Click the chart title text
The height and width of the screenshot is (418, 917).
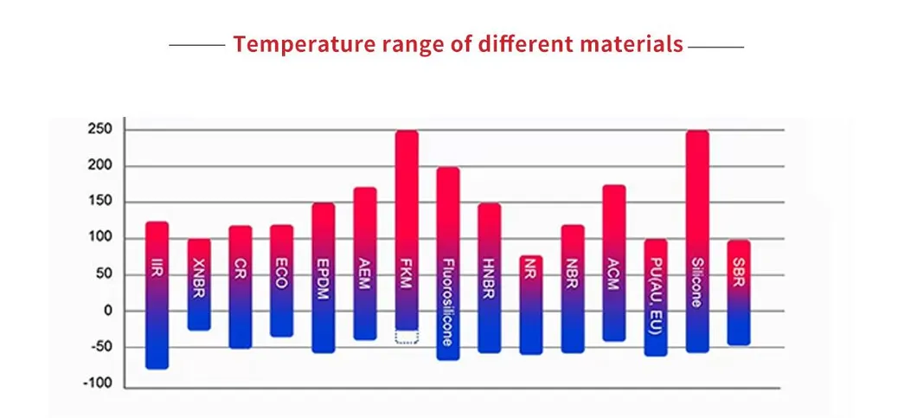point(458,44)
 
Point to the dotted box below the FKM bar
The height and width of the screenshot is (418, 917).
point(407,337)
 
